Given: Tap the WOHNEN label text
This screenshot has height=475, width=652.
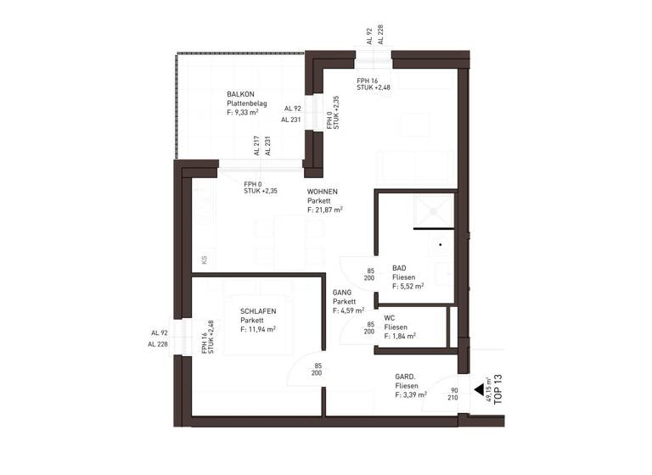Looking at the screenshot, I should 323,192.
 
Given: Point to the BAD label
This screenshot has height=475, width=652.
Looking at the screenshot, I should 399,268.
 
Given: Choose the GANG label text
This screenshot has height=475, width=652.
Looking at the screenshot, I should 342,292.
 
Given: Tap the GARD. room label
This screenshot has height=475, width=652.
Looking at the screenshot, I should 405,376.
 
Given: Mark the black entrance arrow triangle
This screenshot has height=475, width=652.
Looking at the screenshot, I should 479,391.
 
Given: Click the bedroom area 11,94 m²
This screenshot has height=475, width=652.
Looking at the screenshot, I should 258,329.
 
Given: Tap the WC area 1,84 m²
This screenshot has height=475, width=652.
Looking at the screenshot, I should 400,336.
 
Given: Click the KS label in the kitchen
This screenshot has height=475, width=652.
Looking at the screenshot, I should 204,260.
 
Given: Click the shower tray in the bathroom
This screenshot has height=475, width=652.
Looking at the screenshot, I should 434,210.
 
